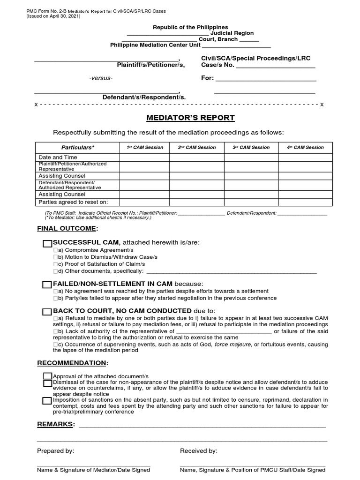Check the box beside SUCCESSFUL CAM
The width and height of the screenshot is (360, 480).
pos(47,243)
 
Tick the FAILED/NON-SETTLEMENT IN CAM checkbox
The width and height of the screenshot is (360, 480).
pos(47,285)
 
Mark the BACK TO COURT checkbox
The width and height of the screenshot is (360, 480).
pos(47,312)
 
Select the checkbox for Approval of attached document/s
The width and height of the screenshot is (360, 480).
pos(47,376)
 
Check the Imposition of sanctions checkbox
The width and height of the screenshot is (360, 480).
pos(47,400)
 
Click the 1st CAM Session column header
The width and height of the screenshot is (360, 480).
pos(145,147)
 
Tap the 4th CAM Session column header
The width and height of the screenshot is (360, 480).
pos(305,147)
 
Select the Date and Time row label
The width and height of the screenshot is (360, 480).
pos(58,157)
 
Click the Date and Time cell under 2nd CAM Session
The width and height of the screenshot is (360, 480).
pos(197,157)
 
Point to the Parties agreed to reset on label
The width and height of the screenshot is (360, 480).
pos(73,202)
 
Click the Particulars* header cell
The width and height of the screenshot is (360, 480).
pos(78,148)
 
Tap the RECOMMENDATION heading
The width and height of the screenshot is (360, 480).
pos(73,363)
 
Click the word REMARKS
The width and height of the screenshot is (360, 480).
pos(55,424)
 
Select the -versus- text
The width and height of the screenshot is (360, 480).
pos(101,78)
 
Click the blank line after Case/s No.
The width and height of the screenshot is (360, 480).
pos(275,66)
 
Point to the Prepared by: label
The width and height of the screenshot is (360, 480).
pos(55,451)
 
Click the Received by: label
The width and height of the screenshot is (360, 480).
pos(199,451)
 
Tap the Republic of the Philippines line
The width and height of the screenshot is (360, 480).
pos(190,27)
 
